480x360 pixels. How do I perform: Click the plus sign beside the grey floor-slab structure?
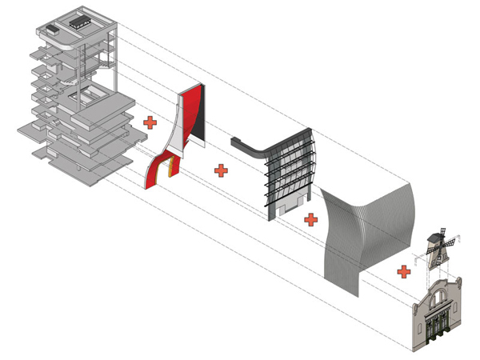[149, 122]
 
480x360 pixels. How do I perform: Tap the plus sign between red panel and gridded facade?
[220, 170]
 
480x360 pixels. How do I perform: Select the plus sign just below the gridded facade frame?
[310, 218]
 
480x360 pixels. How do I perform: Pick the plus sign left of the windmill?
[404, 271]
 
